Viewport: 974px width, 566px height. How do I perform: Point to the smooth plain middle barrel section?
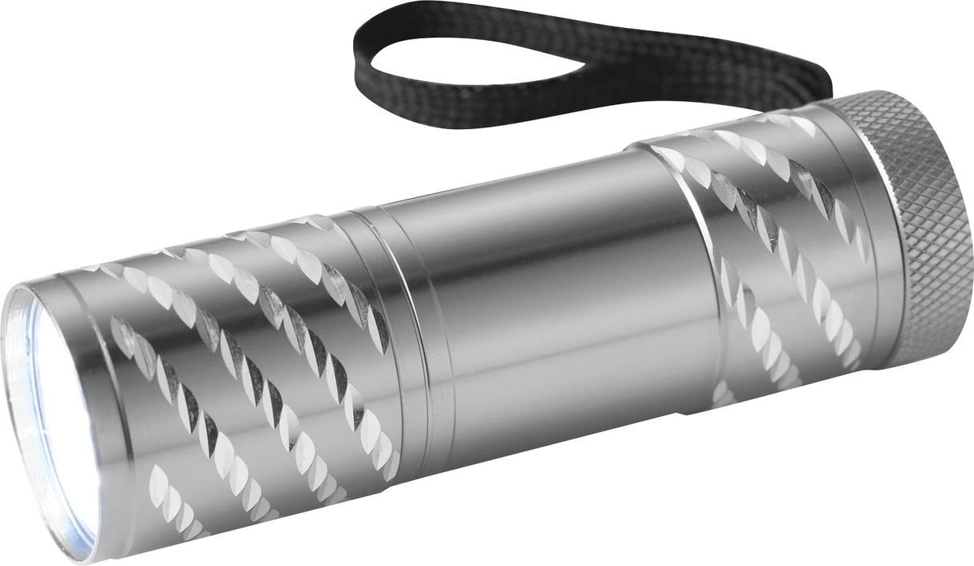(x=554, y=289)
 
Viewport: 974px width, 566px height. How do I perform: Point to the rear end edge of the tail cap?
(x=960, y=232)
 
